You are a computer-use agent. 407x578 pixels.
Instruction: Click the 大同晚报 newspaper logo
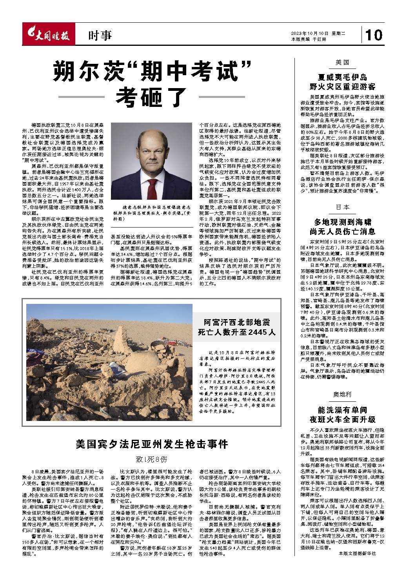coord(48,35)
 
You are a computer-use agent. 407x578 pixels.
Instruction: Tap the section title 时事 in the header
coord(100,36)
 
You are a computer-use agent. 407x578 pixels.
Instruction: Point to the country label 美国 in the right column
coord(342,63)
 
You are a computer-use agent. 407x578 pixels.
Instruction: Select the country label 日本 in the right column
coord(342,207)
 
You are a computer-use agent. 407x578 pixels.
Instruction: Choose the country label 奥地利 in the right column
coord(342,394)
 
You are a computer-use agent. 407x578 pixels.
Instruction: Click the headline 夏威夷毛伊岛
coord(342,77)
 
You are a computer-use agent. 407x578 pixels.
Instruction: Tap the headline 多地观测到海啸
coord(342,222)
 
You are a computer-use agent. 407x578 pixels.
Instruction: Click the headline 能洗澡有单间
coord(342,410)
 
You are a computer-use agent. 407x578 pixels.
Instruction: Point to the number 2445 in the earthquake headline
coord(251,332)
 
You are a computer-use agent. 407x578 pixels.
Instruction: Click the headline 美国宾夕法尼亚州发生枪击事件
coord(152,444)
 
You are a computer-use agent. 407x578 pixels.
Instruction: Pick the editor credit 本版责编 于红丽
coord(309,39)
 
